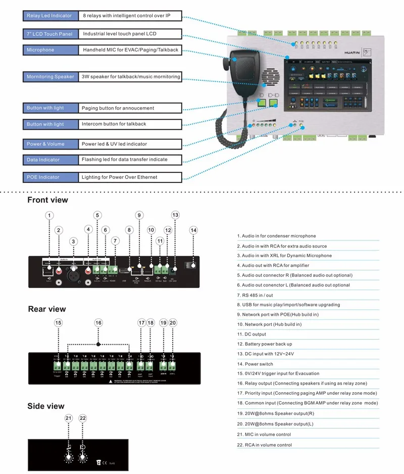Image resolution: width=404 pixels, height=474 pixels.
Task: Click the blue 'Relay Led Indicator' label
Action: (50, 16)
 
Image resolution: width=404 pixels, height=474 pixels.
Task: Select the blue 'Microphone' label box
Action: (50, 50)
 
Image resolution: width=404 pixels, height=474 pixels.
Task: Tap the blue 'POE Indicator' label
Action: (50, 177)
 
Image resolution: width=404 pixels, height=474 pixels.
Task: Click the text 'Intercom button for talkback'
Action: (114, 124)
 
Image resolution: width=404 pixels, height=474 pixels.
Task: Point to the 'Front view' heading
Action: (47, 200)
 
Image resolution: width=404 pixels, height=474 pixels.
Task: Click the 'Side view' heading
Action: (46, 406)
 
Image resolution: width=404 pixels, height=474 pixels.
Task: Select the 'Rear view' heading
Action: (46, 309)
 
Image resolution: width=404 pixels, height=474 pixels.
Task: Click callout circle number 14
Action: (193, 230)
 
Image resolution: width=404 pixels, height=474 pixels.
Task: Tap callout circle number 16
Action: (98, 322)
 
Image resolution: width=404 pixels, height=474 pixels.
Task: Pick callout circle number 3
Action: (74, 242)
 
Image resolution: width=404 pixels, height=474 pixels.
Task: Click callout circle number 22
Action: (83, 418)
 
